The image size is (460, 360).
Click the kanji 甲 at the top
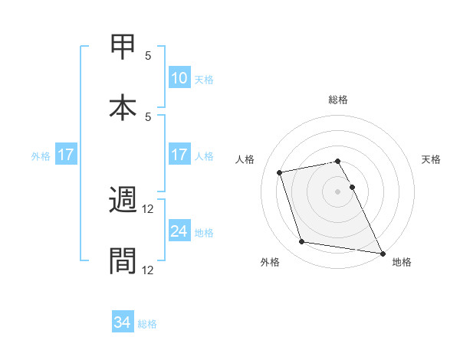(x=123, y=46)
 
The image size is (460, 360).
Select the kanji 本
(x=123, y=108)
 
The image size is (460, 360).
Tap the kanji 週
(x=123, y=201)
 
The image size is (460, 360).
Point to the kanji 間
(x=123, y=261)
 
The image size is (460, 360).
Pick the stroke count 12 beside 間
(x=149, y=270)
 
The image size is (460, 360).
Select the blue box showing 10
(x=179, y=77)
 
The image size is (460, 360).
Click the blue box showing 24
(x=179, y=231)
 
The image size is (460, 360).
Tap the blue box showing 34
(x=123, y=323)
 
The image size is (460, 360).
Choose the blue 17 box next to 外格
(x=66, y=155)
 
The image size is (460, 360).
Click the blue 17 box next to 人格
(x=179, y=155)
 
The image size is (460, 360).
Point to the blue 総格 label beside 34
(x=147, y=324)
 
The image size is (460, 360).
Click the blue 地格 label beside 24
(x=204, y=232)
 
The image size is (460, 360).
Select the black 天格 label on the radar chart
(x=431, y=159)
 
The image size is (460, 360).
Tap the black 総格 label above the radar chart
(x=338, y=100)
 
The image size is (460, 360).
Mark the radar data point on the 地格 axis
(x=382, y=252)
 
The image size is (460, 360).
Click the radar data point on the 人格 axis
(x=280, y=172)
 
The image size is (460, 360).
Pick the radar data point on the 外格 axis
(x=302, y=242)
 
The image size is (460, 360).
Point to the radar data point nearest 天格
(x=353, y=187)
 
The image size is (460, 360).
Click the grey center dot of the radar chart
(x=338, y=191)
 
